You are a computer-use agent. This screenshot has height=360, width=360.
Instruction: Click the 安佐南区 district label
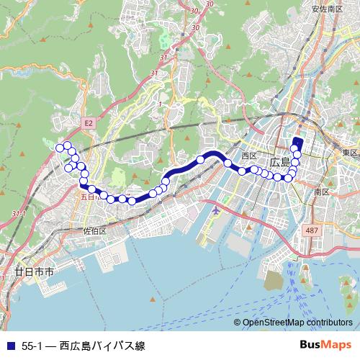point(327,9)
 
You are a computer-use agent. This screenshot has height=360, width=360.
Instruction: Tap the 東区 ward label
point(350,153)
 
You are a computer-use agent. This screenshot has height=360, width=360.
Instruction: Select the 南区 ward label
point(321,192)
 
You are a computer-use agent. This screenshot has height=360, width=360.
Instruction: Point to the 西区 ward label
point(250,156)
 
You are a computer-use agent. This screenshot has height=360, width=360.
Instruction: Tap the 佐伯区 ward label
point(94,231)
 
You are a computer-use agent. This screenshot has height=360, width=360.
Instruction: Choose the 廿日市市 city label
point(34,273)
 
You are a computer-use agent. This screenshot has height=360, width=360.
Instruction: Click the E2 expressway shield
point(89,123)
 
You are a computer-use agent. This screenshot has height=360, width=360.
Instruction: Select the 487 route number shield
point(311,230)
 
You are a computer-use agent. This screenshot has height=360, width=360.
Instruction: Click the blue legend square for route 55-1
point(9,346)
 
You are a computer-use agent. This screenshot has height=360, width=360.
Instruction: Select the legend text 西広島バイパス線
point(102,346)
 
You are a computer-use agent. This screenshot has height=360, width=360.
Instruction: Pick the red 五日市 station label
point(87,196)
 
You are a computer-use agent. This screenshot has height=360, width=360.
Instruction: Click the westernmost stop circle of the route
point(60,148)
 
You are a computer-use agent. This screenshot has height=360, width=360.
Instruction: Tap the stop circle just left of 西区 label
point(228,163)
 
